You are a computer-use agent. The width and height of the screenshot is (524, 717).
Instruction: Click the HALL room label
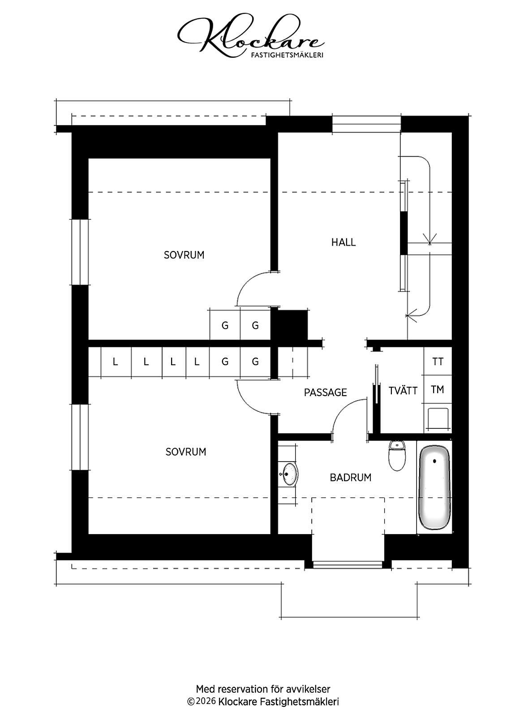click(x=343, y=242)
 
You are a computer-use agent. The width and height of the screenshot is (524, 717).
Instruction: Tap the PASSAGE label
click(x=325, y=393)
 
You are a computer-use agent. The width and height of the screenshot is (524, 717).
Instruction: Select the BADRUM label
click(x=351, y=478)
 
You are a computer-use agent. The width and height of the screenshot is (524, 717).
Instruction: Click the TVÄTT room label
click(x=403, y=390)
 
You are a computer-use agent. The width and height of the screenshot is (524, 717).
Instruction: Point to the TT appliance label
click(x=438, y=362)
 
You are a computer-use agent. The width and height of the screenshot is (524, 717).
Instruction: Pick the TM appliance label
click(x=438, y=389)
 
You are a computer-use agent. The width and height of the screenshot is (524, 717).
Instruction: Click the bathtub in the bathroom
click(x=434, y=487)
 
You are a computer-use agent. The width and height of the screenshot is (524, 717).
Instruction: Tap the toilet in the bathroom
click(x=397, y=455)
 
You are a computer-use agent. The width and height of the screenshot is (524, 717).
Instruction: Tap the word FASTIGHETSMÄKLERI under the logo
click(x=287, y=55)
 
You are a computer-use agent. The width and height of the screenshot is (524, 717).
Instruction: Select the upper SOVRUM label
click(x=184, y=255)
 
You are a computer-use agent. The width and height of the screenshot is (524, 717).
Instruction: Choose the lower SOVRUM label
click(x=185, y=452)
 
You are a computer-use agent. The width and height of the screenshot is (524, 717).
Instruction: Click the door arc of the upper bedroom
click(x=247, y=281)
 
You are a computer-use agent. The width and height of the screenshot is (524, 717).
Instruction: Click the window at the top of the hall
click(x=366, y=124)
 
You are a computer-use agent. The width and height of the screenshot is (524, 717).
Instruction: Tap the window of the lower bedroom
click(x=80, y=437)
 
